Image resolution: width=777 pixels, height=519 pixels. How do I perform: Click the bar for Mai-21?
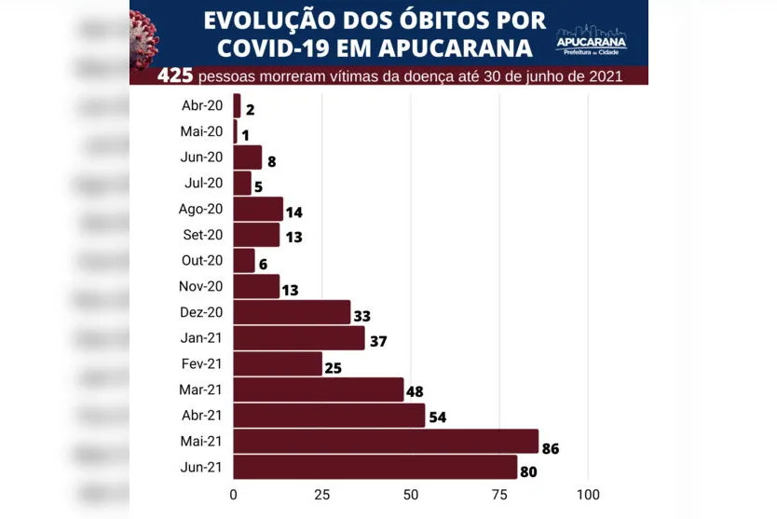point(386,441)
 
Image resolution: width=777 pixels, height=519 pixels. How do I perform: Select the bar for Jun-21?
point(375,467)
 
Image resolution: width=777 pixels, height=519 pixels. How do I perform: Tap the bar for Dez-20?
point(292,312)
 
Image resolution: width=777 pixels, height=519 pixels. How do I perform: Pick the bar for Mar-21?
point(318,389)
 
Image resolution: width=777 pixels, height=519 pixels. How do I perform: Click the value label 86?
point(551,449)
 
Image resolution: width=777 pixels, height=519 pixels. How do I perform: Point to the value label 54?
point(437,417)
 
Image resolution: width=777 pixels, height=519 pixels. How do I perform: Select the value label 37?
point(378,341)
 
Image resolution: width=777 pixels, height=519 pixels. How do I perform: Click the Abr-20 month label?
point(202,106)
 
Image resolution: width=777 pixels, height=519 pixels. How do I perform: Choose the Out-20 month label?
point(202,261)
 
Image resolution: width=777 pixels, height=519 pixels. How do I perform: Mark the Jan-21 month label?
point(202,338)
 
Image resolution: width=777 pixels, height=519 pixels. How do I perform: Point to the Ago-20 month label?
point(200,209)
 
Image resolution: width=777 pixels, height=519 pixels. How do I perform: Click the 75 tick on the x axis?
point(500,493)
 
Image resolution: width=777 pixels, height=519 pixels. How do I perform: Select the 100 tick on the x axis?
point(588,493)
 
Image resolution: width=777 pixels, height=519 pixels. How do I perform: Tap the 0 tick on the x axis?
point(234,493)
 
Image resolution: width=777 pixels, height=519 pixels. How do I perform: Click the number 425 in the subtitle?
point(176,75)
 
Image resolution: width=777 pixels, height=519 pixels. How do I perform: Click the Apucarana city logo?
point(592,38)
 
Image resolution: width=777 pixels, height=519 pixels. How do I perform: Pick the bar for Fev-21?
point(278,363)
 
